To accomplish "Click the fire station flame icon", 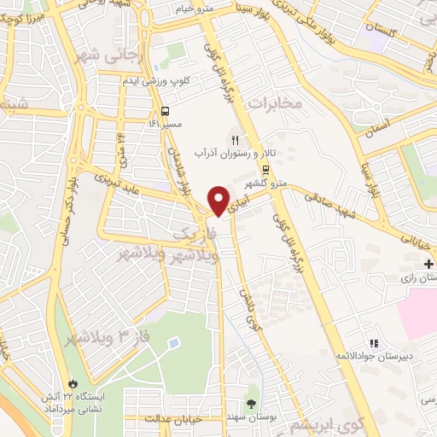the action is click(73, 383).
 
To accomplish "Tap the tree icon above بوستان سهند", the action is click(251, 402).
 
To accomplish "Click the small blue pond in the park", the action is click(174, 342).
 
